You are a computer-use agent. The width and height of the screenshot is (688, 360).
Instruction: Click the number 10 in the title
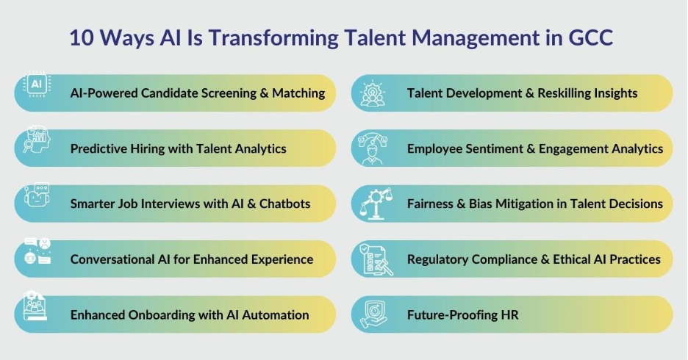coord(81,37)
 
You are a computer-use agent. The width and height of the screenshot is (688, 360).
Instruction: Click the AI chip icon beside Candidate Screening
coord(37,84)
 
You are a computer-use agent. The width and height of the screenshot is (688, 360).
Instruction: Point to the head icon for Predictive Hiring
coord(37,140)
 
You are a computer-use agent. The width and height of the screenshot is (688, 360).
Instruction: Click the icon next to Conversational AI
coord(37,251)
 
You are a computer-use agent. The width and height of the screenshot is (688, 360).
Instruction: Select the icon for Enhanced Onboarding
coord(35,306)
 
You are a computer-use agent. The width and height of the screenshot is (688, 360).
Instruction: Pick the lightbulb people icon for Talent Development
coord(373,93)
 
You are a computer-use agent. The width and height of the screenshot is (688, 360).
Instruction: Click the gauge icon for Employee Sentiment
coord(373,148)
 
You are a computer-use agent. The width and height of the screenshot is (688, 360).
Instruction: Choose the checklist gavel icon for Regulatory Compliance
coord(376,259)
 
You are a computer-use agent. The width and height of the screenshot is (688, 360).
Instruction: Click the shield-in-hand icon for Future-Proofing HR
coord(374,314)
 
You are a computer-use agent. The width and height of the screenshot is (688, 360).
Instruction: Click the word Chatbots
coord(284,204)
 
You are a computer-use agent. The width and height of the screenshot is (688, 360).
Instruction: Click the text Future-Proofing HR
coord(462,315)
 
